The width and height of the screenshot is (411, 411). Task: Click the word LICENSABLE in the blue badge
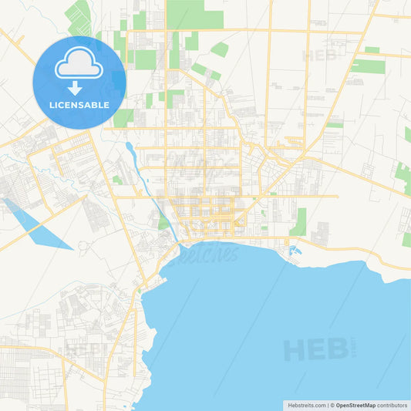pos(79,105)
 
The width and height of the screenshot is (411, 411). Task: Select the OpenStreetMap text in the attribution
pos(355,405)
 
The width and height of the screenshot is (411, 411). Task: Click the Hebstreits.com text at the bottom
pos(306,405)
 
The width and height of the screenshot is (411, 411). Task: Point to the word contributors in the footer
pos(392,405)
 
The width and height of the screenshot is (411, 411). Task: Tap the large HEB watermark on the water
pos(316,349)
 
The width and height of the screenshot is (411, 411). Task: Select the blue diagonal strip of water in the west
pos(38,224)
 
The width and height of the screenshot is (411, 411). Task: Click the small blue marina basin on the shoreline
pos(292,250)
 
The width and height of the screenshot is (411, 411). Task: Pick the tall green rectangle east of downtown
pos(298,221)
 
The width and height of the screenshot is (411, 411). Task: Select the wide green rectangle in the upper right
pos(368,66)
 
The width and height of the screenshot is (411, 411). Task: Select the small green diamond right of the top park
pos(220,49)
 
